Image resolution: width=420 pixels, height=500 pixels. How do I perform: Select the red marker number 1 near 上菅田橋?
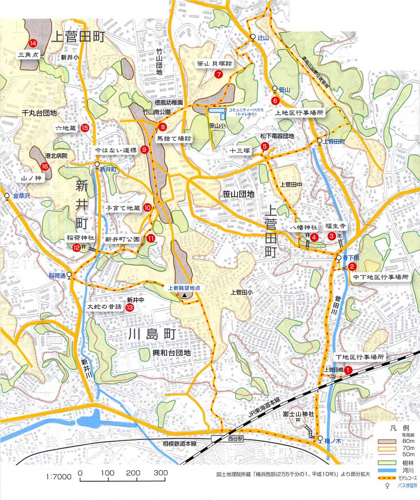pyautogui.click(x=348, y=370)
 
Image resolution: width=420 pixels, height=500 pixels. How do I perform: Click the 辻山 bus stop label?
pyautogui.click(x=263, y=37)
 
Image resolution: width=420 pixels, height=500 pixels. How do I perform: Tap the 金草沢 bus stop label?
pyautogui.click(x=19, y=196)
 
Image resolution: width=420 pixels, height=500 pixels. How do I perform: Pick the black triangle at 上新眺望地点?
pyautogui.click(x=184, y=296)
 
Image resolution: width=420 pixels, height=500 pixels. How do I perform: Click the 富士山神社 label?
pyautogui.click(x=298, y=414)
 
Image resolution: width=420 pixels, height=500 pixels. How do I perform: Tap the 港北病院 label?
pyautogui.click(x=56, y=156)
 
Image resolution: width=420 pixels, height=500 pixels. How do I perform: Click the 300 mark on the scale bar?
pyautogui.click(x=160, y=473)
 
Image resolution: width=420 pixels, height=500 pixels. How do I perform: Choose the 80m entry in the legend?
pyautogui.click(x=407, y=441)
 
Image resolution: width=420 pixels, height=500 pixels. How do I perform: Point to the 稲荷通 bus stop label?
pyautogui.click(x=57, y=275)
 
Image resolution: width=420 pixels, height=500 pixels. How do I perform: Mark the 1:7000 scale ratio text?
pyautogui.click(x=59, y=477)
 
